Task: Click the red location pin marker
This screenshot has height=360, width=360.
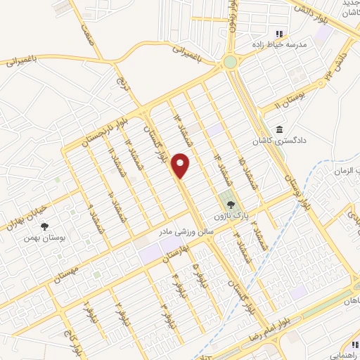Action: [181, 166]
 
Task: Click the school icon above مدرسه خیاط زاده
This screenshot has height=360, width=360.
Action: [278, 33]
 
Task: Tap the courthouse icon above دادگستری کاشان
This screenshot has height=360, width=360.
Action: [281, 131]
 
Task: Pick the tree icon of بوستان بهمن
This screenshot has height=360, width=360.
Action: [45, 226]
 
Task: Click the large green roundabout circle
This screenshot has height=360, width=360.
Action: [230, 62]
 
